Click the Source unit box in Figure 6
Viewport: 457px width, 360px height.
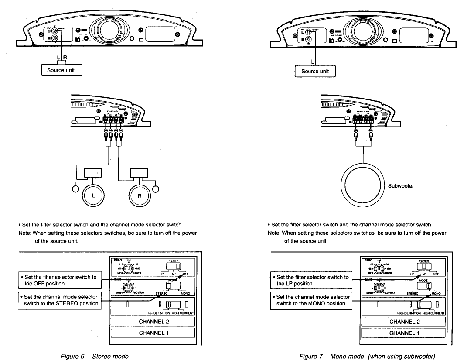[x=61, y=70]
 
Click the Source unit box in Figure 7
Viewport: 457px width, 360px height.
[x=315, y=71]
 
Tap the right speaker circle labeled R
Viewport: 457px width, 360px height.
[x=140, y=195]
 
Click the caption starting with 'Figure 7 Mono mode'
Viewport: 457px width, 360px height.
[x=367, y=356]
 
